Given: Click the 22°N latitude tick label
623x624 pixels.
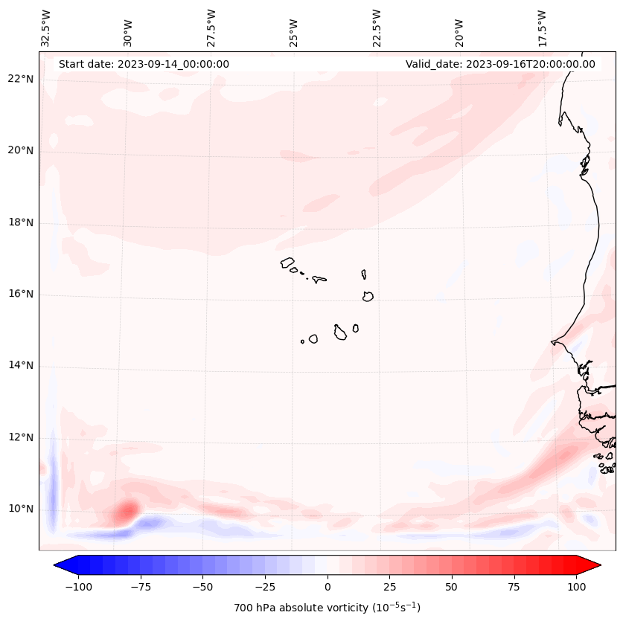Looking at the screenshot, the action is pyautogui.click(x=20, y=79).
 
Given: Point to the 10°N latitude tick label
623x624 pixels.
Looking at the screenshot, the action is pyautogui.click(x=20, y=509).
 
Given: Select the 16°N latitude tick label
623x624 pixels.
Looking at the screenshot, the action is pyautogui.click(x=20, y=294).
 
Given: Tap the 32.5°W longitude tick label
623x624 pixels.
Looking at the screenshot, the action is pyautogui.click(x=45, y=29).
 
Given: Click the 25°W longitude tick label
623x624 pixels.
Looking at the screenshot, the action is pyautogui.click(x=293, y=33).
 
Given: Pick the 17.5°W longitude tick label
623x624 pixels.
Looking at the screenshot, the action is pyautogui.click(x=542, y=29).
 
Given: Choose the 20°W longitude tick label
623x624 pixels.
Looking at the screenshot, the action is pyautogui.click(x=459, y=33).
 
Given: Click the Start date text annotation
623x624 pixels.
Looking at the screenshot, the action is pyautogui.click(x=144, y=64).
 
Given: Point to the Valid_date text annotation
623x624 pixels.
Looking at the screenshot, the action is pyautogui.click(x=500, y=64).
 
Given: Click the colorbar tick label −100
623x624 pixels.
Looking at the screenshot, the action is pyautogui.click(x=78, y=587).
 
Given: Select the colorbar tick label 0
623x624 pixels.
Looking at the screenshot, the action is pyautogui.click(x=328, y=587).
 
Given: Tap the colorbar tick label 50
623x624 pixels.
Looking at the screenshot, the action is pyautogui.click(x=452, y=587).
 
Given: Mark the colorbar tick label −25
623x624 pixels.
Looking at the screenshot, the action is pyautogui.click(x=265, y=587).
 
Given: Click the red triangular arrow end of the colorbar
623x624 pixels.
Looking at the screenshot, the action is pyautogui.click(x=589, y=565).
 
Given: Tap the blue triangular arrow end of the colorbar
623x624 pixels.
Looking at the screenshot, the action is pyautogui.click(x=66, y=565).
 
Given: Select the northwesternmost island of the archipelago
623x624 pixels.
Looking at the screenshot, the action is pyautogui.click(x=287, y=263).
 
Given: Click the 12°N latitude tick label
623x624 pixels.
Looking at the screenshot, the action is pyautogui.click(x=20, y=437).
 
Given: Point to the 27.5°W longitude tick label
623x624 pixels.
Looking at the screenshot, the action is pyautogui.click(x=211, y=29).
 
